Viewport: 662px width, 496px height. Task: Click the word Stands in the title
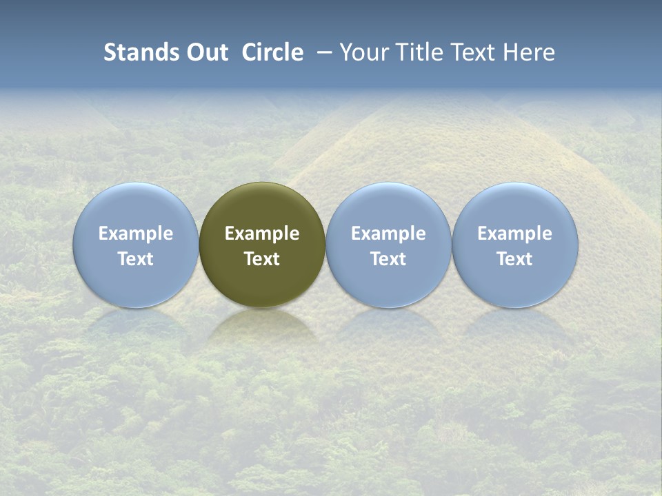coord(140,52)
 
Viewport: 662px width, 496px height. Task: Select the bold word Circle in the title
coord(272,52)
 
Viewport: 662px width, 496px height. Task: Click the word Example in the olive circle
coord(262,234)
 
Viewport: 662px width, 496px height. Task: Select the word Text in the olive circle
coord(262,259)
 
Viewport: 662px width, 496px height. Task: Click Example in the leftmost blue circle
coord(136,234)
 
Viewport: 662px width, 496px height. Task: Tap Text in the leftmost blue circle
coord(136,259)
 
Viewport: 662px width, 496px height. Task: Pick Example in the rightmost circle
coord(514,234)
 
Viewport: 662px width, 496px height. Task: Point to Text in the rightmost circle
coord(514,259)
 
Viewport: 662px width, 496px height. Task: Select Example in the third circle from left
coord(388,234)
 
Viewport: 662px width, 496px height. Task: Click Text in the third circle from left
coord(388,259)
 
